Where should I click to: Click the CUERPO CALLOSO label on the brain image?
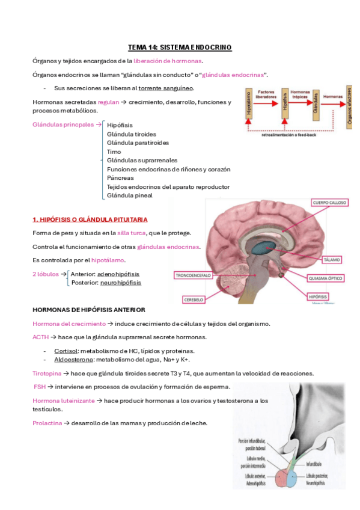click(x=329, y=203)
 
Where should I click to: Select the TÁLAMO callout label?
click(x=331, y=260)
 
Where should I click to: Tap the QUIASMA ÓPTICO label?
click(x=326, y=278)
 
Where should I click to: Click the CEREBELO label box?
click(x=194, y=299)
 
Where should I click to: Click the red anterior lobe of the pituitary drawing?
click(x=283, y=478)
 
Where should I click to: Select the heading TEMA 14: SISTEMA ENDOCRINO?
click(x=180, y=48)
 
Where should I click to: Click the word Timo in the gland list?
click(x=114, y=152)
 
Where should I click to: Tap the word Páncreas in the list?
click(x=120, y=178)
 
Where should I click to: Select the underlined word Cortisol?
click(x=66, y=351)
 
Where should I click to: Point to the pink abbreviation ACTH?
click(x=40, y=337)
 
